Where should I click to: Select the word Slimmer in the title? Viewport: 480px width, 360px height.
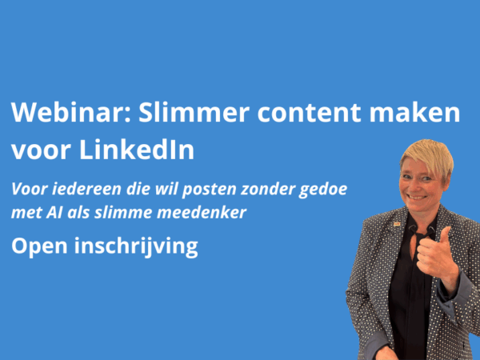[194, 112]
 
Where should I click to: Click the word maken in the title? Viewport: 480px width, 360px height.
[414, 112]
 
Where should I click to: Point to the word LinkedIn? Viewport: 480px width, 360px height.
[137, 150]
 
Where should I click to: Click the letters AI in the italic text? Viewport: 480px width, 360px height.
[54, 213]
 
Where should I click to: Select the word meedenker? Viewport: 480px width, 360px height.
[202, 212]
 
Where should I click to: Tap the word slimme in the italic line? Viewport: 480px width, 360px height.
[122, 212]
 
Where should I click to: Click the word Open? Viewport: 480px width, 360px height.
[39, 247]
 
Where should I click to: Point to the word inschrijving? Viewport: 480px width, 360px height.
[136, 246]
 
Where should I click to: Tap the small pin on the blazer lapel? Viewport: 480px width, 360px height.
[397, 224]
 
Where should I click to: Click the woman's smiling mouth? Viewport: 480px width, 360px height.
[417, 198]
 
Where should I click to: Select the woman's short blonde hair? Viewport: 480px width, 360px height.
[429, 157]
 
